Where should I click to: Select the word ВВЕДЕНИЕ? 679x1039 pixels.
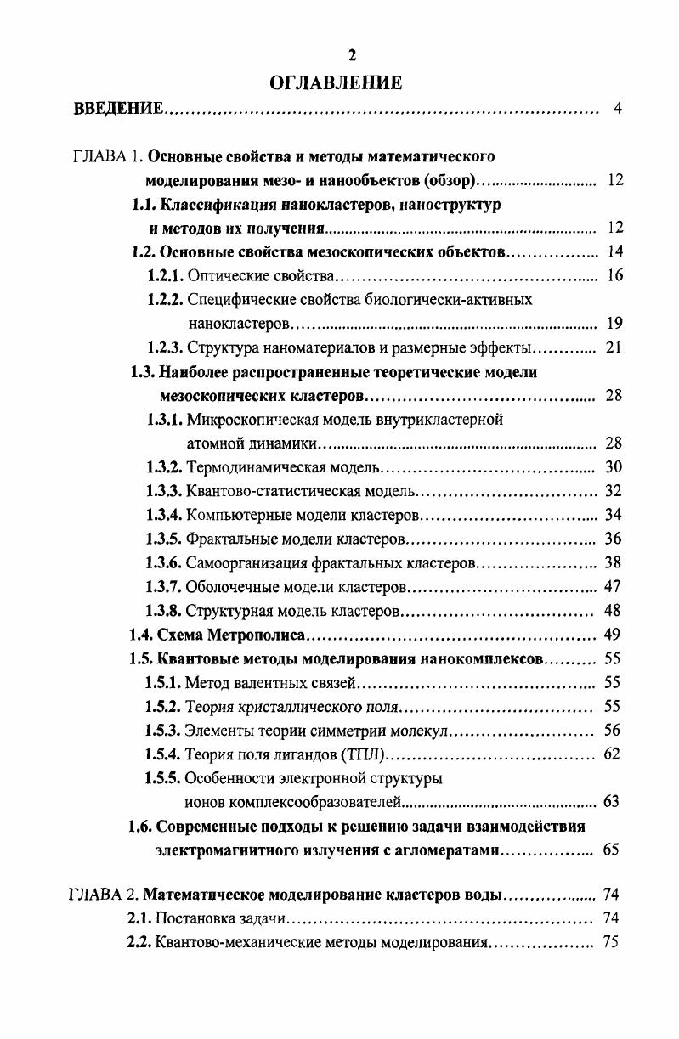[x=119, y=109]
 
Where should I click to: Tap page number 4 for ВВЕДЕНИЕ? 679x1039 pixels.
[x=618, y=109]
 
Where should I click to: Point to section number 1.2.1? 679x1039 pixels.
[x=165, y=275]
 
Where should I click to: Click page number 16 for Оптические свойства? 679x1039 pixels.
[x=614, y=275]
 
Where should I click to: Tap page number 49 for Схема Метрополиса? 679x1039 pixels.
[x=612, y=634]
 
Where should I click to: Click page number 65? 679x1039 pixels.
[x=611, y=850]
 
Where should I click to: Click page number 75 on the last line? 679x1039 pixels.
[x=610, y=942]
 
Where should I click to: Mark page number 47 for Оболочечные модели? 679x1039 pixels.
[x=613, y=586]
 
